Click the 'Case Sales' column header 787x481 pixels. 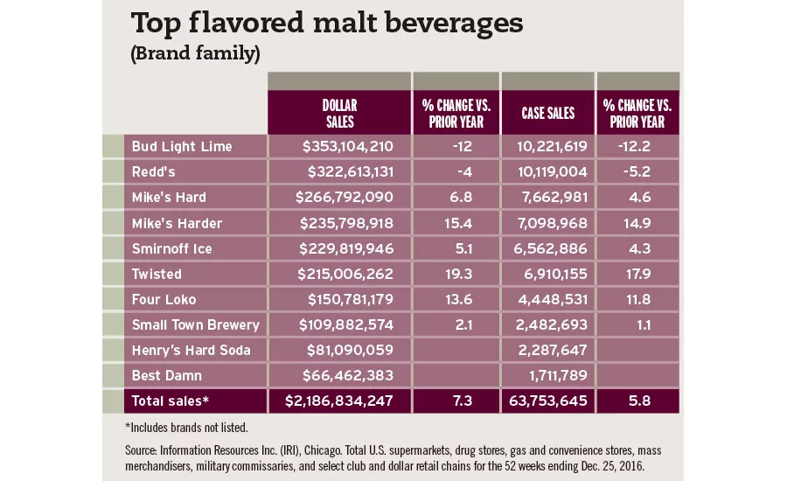[548, 113]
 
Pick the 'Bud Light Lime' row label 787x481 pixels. [182, 146]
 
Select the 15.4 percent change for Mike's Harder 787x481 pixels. [458, 223]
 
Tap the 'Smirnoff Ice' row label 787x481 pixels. [172, 248]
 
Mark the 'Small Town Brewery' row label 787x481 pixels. [195, 324]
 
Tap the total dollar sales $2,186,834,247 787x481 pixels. [339, 401]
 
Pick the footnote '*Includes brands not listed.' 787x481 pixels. [186, 428]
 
